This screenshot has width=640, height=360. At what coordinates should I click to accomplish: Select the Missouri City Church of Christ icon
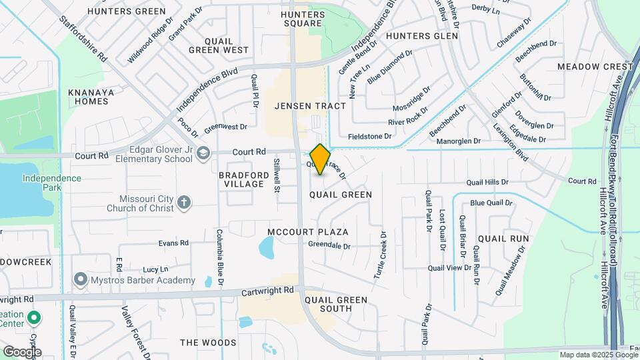point(185,203)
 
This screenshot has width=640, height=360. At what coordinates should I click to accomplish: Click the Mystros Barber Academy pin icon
point(81,278)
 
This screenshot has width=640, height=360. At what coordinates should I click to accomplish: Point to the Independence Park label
point(51,179)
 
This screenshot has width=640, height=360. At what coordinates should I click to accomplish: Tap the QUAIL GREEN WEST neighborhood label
point(218,45)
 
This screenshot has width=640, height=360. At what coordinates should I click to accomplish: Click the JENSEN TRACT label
point(311,106)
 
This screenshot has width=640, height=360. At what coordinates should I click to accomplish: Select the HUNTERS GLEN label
point(422,36)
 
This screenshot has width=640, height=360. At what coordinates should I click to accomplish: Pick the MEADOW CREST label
point(595,67)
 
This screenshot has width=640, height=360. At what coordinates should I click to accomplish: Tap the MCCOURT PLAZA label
point(308,232)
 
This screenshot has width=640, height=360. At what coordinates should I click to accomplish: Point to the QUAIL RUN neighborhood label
point(503,238)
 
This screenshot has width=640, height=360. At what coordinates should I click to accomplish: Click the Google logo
point(21,352)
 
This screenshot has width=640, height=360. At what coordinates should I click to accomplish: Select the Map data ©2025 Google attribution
point(599,355)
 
